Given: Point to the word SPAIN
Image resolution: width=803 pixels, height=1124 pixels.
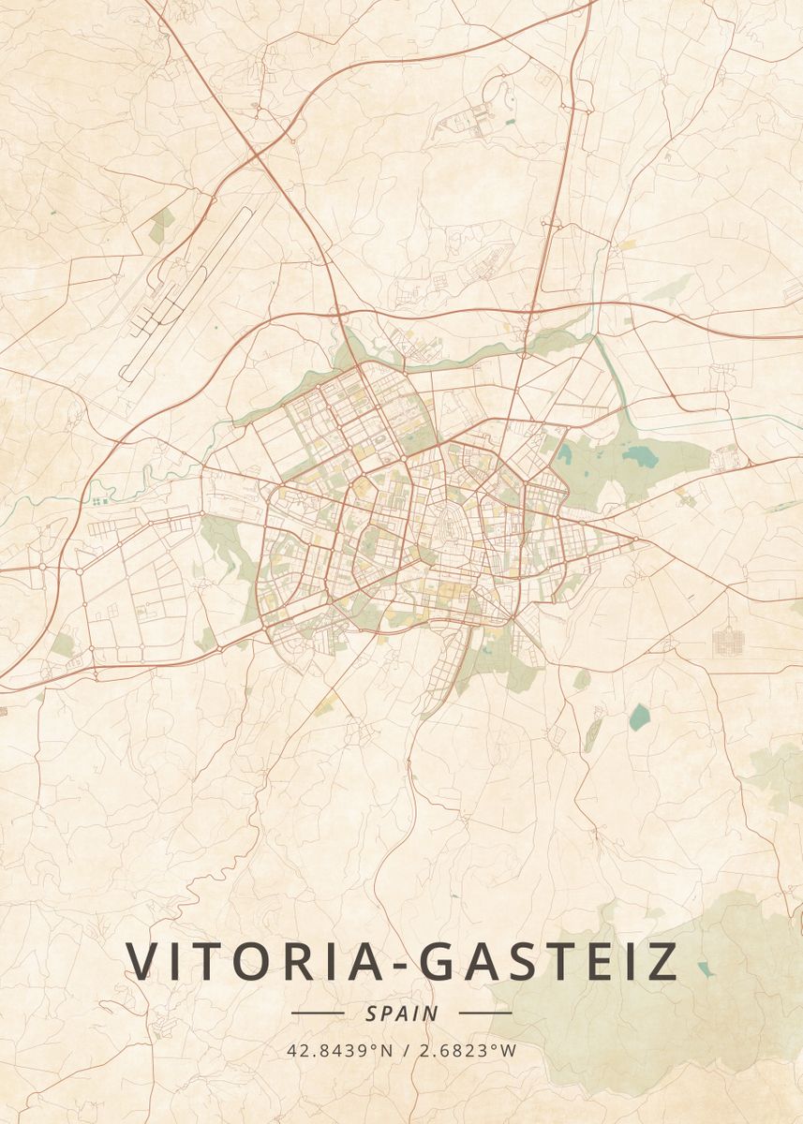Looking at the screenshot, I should coord(402,1013).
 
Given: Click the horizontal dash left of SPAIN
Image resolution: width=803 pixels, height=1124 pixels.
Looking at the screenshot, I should coord(318,1013).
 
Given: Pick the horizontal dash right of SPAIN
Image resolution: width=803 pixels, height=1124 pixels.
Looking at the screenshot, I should coord(485,1013).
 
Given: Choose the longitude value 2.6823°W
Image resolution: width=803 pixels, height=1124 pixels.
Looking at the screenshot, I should coord(467,1050).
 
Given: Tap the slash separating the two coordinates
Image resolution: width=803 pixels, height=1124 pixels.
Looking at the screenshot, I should coord(404,1050).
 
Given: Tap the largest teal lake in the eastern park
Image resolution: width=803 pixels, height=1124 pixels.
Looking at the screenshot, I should coord(641,456).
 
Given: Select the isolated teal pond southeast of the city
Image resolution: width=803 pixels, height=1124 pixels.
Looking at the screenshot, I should coord(639,717).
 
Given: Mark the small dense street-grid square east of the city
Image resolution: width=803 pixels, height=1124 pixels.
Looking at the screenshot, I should coord(727,642).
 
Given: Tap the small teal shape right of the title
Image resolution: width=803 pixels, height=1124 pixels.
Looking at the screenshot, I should coord(705,969).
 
